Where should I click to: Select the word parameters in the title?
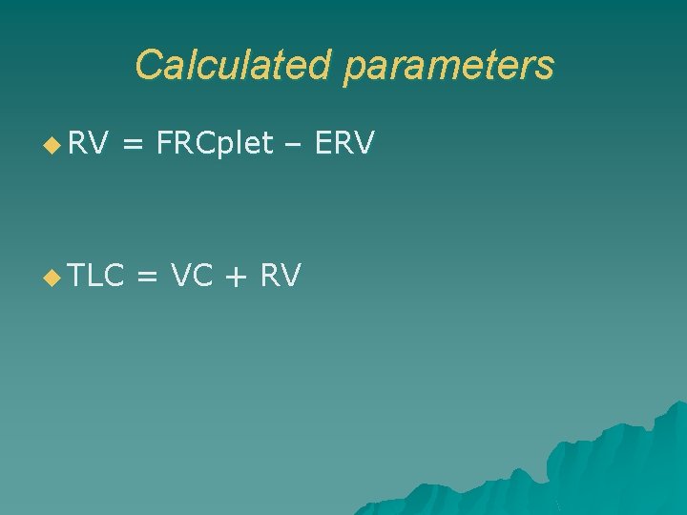(448, 67)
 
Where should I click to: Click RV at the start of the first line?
(89, 144)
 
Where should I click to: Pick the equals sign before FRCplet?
(134, 145)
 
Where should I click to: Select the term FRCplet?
(214, 144)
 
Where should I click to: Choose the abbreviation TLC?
(97, 277)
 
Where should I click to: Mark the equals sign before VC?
(147, 278)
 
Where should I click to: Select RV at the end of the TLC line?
(281, 277)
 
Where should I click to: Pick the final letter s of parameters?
(544, 67)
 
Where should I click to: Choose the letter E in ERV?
(323, 144)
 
